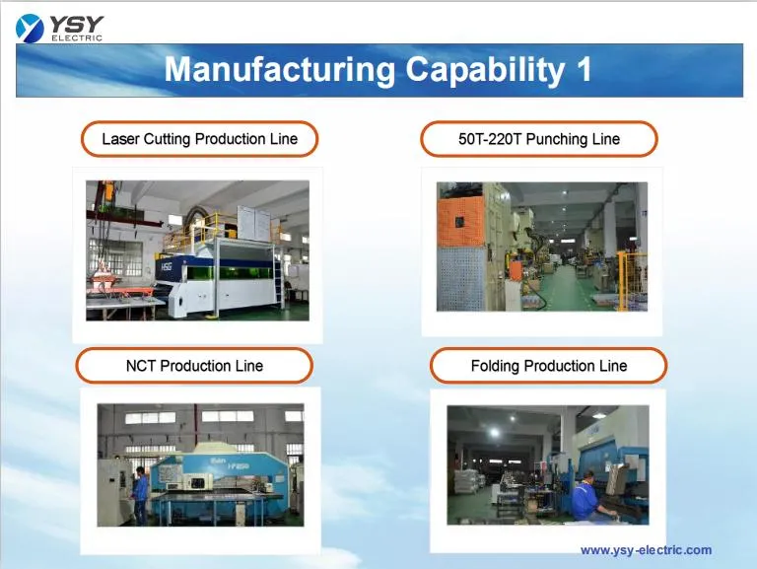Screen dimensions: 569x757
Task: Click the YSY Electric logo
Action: pyautogui.click(x=59, y=27)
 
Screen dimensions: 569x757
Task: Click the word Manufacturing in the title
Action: pyautogui.click(x=265, y=70)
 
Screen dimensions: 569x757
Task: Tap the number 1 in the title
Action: pyautogui.click(x=583, y=70)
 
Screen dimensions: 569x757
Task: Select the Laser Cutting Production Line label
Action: pyautogui.click(x=199, y=139)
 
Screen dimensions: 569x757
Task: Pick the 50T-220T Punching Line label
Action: pyautogui.click(x=538, y=139)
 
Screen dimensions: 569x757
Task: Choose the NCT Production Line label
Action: pyautogui.click(x=194, y=366)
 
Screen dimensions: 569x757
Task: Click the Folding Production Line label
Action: pyautogui.click(x=548, y=366)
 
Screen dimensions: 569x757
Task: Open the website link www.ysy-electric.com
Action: pyautogui.click(x=646, y=550)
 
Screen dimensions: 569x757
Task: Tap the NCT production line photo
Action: pyautogui.click(x=200, y=464)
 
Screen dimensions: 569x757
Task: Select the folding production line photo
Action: pyautogui.click(x=548, y=464)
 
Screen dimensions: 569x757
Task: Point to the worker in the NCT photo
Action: pyautogui.click(x=141, y=493)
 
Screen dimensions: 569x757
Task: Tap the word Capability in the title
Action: pyautogui.click(x=468, y=70)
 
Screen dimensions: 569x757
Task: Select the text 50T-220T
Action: pyautogui.click(x=490, y=139)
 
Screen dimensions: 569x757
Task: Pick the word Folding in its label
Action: pyautogui.click(x=495, y=366)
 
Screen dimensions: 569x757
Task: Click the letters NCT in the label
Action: pyautogui.click(x=141, y=366)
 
